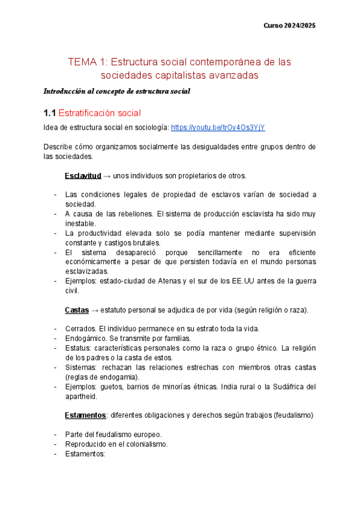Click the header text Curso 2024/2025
pos(290,26)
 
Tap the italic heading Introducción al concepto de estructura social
pos(117,92)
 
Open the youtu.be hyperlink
pos(218,128)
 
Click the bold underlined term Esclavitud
pos(82,176)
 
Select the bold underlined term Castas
pos(76,310)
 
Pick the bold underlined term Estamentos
pos(85,415)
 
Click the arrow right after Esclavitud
pos(107,176)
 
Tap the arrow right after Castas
pos(94,310)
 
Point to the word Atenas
pos(176,281)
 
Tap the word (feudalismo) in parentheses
pos(293,415)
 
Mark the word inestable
pos(80,223)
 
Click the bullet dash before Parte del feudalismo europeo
pos(55,435)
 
